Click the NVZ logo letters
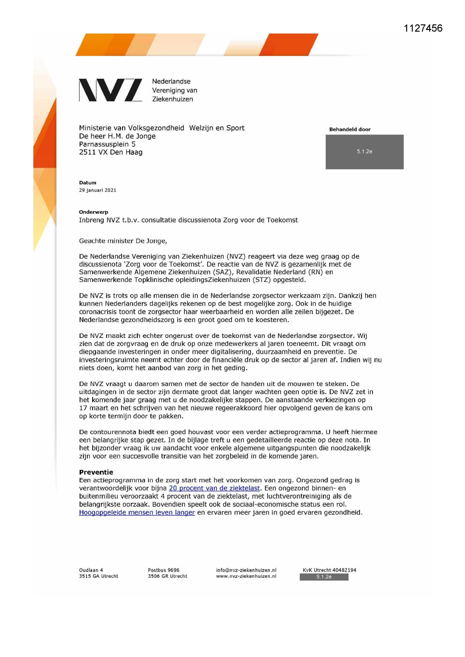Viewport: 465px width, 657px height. click(110, 90)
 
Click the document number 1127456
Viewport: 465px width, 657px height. click(423, 28)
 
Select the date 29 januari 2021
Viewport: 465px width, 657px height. click(97, 190)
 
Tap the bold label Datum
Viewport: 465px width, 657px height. click(88, 183)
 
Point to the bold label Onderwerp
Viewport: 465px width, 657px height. click(93, 212)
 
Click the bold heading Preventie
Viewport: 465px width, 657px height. click(96, 472)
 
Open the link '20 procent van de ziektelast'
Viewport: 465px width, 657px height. click(214, 488)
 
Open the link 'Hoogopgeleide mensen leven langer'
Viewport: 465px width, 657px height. click(137, 512)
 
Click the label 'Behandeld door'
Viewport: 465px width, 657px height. click(350, 130)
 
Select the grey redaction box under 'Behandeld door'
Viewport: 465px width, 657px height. click(364, 152)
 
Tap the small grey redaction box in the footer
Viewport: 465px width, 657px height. click(324, 577)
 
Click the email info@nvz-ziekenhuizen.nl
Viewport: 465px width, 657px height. click(246, 570)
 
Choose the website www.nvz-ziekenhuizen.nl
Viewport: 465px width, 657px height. click(246, 576)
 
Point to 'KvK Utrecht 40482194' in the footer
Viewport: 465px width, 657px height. click(329, 570)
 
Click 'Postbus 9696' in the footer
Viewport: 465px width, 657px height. click(163, 570)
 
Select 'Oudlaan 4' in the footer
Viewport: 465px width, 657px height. click(91, 570)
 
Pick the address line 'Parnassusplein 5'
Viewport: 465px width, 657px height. click(107, 144)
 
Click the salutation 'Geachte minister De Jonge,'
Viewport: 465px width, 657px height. click(123, 241)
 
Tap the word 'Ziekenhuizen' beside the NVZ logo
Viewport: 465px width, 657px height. click(172, 99)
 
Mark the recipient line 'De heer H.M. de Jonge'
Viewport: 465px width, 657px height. click(117, 136)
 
